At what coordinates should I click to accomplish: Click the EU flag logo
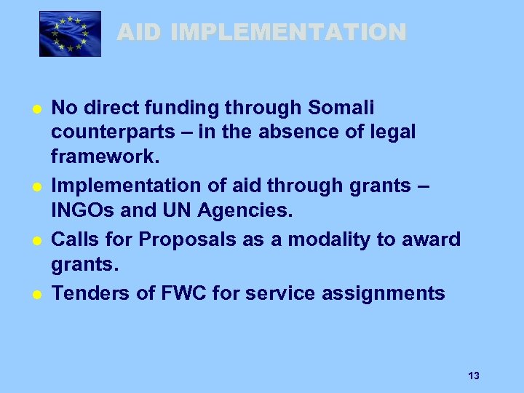tap(70, 33)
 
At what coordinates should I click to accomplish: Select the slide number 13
tap(474, 376)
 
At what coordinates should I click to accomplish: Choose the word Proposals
tap(182, 239)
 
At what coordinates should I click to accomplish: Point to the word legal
tap(394, 132)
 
